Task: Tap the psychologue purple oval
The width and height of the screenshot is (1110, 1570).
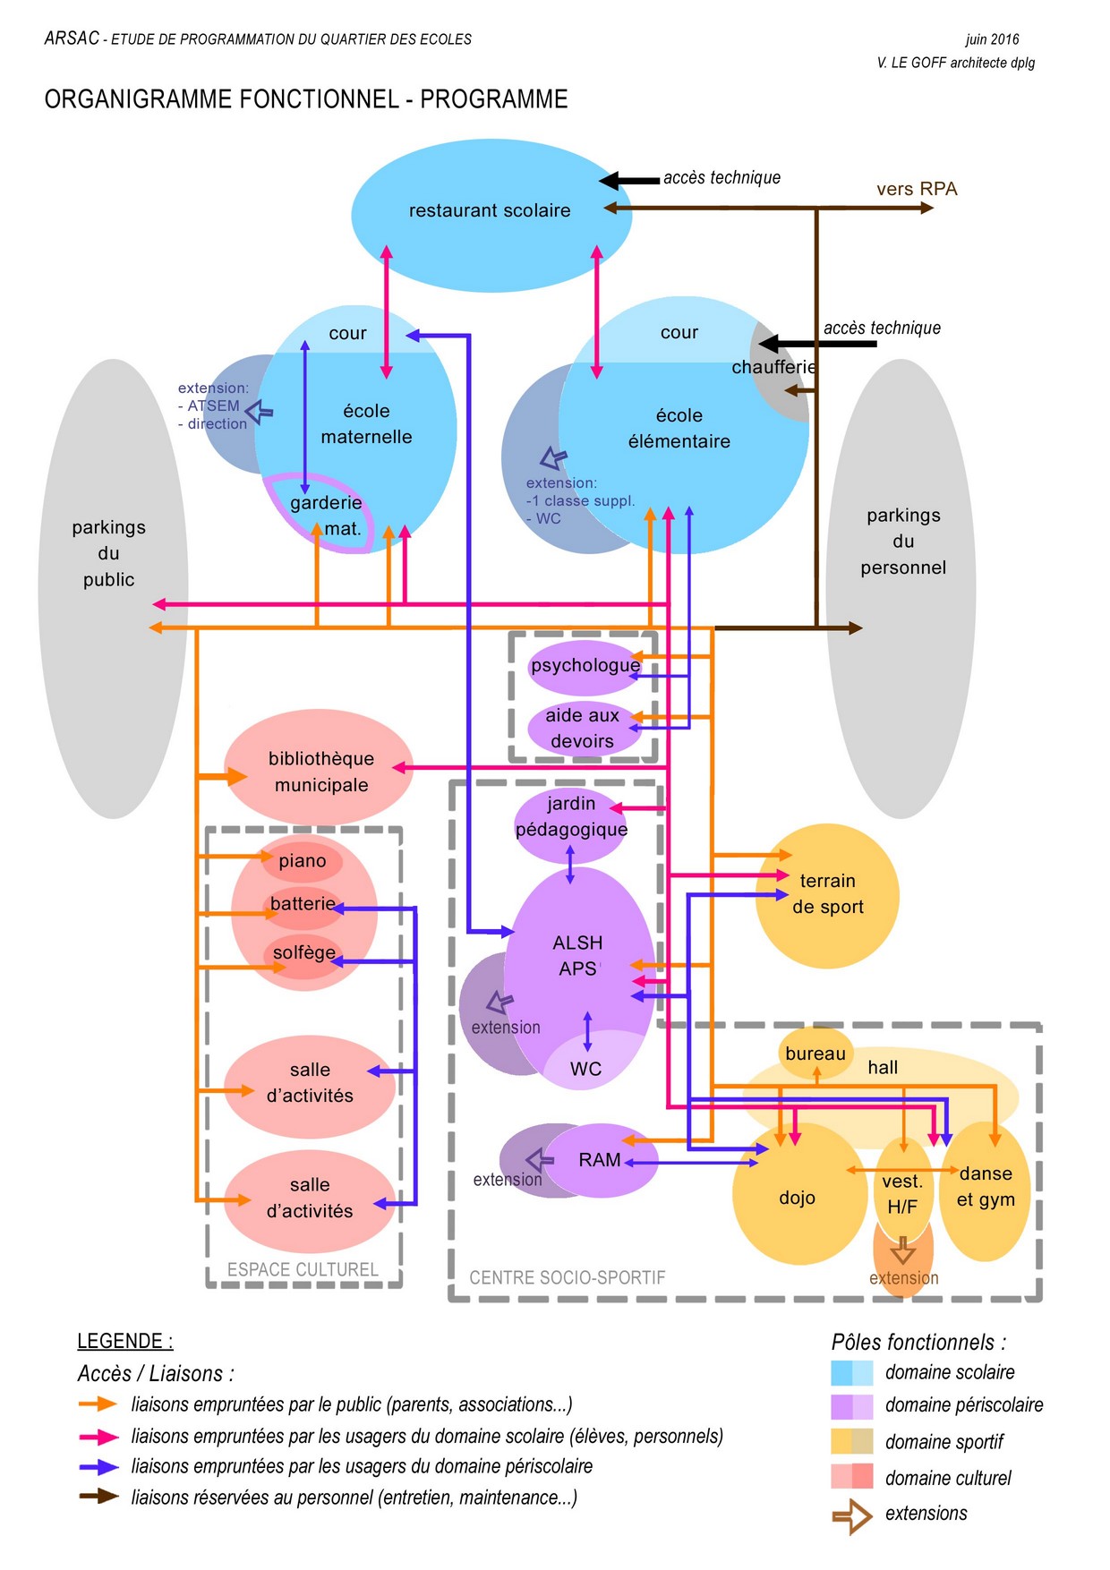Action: click(x=585, y=667)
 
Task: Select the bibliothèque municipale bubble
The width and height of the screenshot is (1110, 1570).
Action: click(x=320, y=771)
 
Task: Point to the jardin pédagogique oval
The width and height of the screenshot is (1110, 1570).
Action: click(x=570, y=816)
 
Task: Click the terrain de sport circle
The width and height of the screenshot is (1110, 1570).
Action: click(x=827, y=894)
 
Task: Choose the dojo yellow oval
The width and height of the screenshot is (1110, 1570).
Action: click(x=797, y=1197)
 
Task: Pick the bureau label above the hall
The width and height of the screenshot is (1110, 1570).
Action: click(x=815, y=1054)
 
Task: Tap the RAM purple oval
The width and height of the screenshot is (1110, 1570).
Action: click(x=600, y=1160)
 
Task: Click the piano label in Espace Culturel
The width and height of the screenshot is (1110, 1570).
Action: click(x=302, y=861)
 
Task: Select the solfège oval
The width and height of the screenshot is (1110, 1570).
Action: click(x=304, y=953)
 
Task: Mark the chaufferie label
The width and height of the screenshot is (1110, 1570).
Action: click(x=773, y=367)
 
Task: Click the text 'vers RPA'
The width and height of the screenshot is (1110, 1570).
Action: click(x=917, y=189)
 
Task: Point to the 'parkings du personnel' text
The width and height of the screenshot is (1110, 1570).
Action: click(x=903, y=541)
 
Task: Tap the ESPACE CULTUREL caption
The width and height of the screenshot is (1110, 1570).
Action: click(x=303, y=1269)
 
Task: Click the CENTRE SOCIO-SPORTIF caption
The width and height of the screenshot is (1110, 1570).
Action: click(x=568, y=1277)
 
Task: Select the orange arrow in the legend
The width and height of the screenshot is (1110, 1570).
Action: click(x=98, y=1404)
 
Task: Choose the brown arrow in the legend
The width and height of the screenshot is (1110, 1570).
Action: click(x=98, y=1496)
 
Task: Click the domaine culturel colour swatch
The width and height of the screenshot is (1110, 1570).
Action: click(x=851, y=1476)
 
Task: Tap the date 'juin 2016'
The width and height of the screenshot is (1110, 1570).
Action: click(x=992, y=39)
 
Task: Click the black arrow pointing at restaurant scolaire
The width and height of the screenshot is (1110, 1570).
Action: click(x=628, y=181)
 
